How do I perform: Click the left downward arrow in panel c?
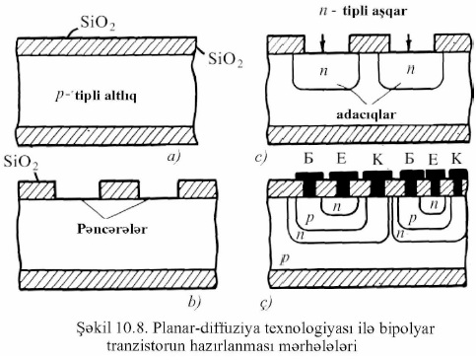click(322, 42)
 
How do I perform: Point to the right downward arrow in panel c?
click(407, 42)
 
